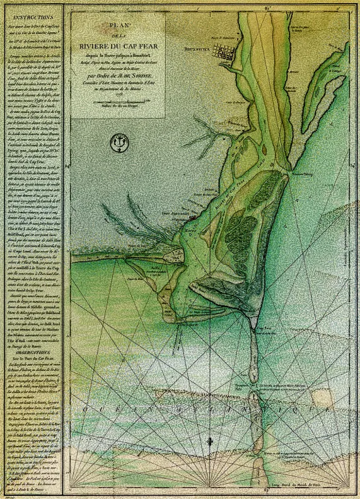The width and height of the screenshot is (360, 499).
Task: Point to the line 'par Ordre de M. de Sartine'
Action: [x=118, y=78]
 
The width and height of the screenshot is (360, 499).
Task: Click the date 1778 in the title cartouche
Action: [x=118, y=98]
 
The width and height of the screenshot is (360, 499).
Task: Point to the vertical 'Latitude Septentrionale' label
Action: [x=346, y=240]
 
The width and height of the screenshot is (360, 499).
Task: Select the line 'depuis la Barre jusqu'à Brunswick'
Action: [x=118, y=55]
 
